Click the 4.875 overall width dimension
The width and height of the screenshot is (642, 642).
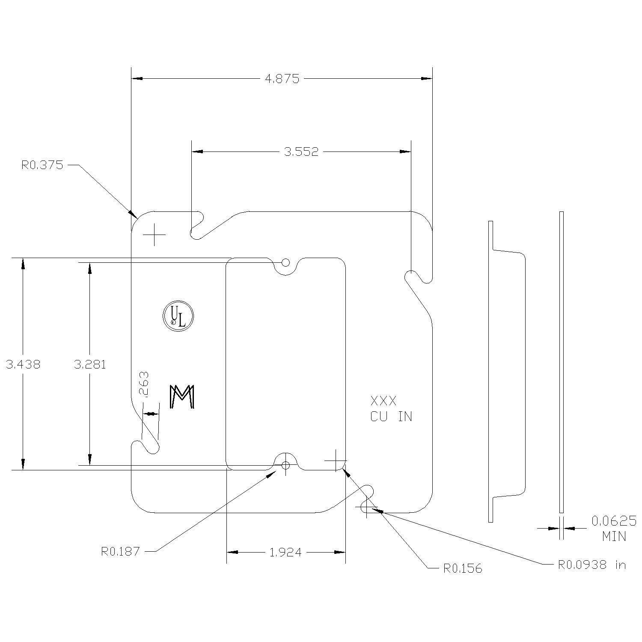(x=282, y=79)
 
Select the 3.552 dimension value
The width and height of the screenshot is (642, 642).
(x=301, y=152)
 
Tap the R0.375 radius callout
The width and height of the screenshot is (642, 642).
(x=42, y=165)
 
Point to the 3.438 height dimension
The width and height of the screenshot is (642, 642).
(x=23, y=365)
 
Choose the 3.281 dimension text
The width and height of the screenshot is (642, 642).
(x=90, y=365)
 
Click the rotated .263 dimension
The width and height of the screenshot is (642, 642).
(x=144, y=384)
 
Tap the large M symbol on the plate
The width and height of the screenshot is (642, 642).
(x=182, y=396)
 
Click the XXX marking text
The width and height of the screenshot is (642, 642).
(x=383, y=401)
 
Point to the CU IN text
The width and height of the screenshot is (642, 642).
(x=391, y=416)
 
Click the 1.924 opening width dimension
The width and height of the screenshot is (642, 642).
(x=285, y=553)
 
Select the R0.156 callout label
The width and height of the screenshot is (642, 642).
(x=462, y=568)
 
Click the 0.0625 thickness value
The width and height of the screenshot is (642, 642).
(x=614, y=521)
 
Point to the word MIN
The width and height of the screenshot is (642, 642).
(x=614, y=536)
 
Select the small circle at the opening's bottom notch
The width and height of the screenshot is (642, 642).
(x=286, y=465)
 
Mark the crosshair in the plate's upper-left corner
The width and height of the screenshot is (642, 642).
(x=154, y=235)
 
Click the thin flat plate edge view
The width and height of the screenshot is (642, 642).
(x=562, y=362)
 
